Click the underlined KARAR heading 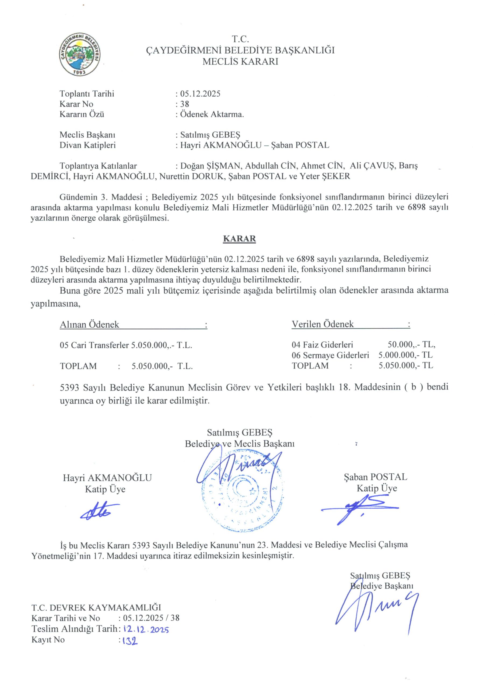point(239,239)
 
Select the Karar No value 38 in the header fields point(185,104)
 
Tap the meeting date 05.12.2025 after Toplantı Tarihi point(200,94)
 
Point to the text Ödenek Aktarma point(212,115)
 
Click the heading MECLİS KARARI point(240,62)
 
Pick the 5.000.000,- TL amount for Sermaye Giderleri point(406,355)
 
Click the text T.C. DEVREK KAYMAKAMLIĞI point(96,607)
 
